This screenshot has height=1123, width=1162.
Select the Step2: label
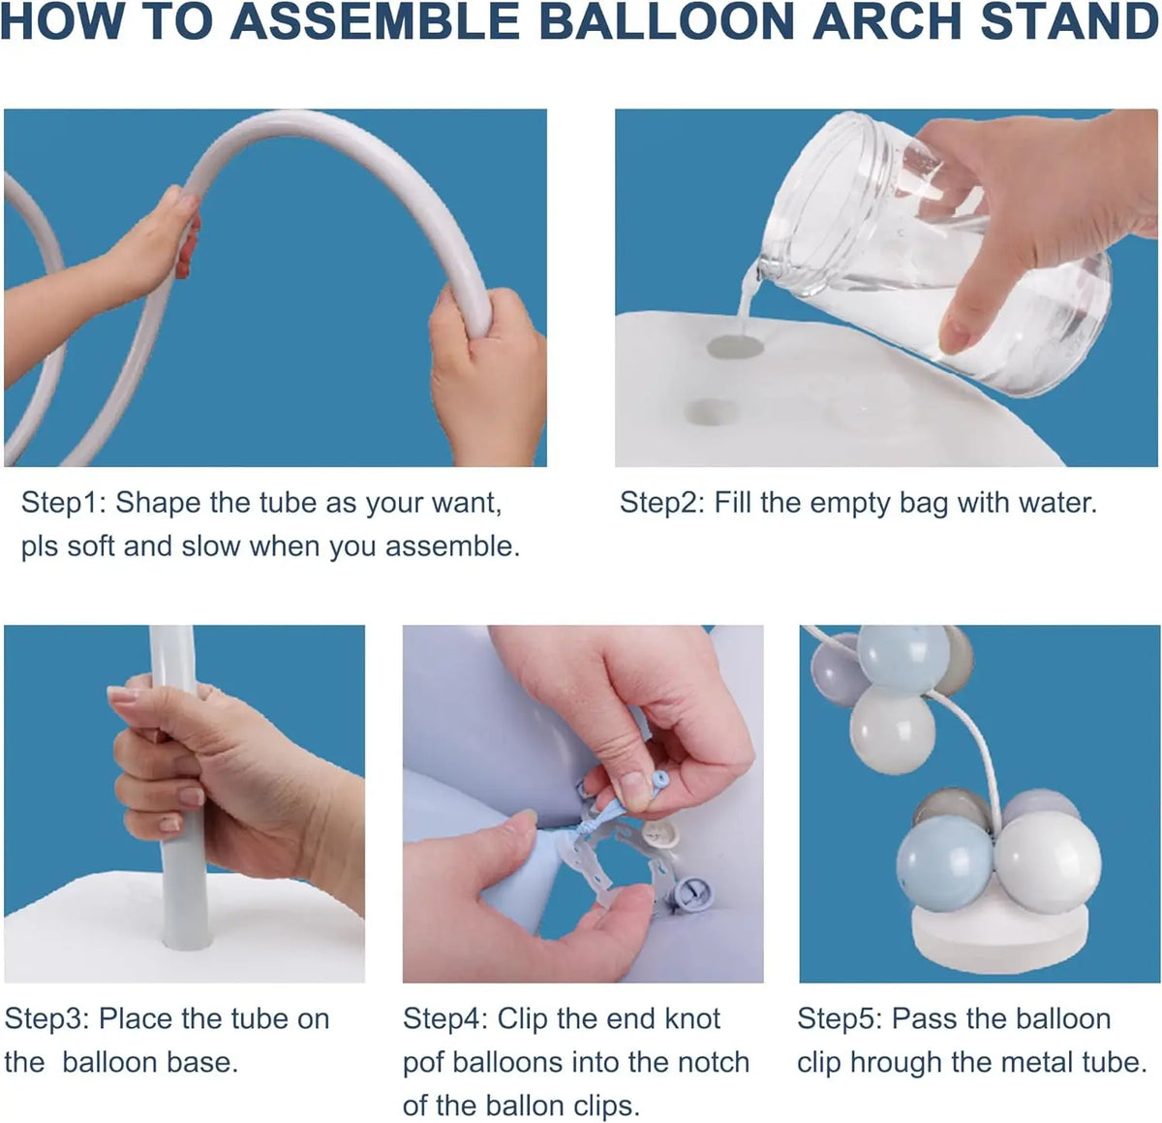[662, 503]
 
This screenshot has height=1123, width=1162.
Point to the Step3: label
[47, 1019]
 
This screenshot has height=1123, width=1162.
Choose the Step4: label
[445, 1019]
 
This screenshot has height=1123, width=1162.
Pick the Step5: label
[840, 1019]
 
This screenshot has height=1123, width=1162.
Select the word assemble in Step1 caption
[451, 546]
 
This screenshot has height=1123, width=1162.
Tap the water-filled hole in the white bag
[732, 347]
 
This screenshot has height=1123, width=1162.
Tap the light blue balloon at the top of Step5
[903, 657]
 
